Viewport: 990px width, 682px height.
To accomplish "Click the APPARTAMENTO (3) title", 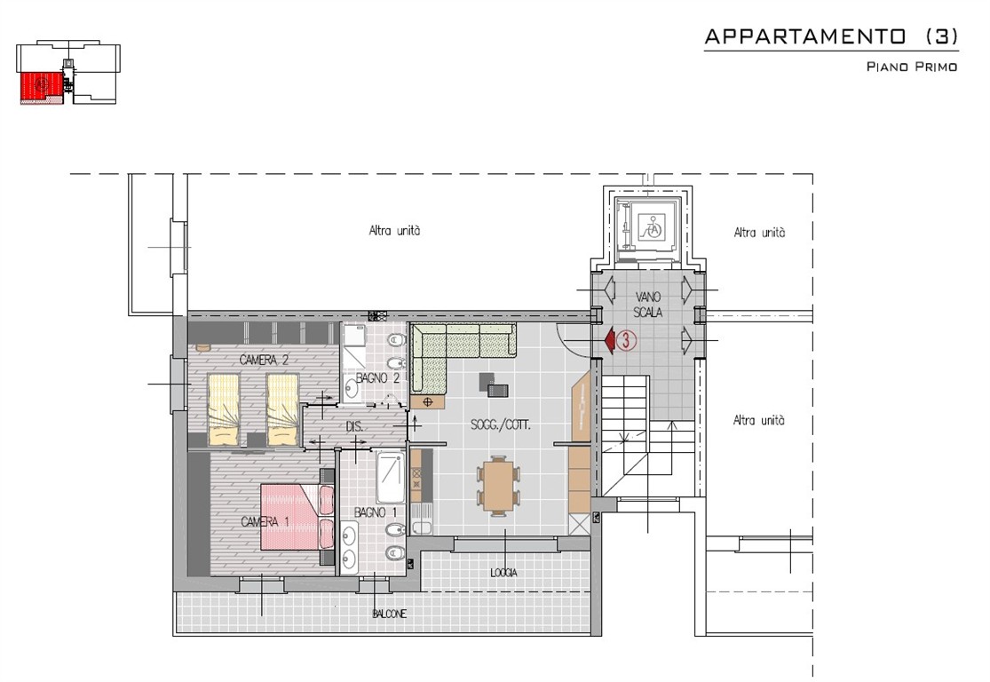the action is pos(831,36).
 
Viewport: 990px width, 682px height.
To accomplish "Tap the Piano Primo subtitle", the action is pos(912,67).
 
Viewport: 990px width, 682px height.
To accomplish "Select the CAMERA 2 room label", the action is pos(264,360).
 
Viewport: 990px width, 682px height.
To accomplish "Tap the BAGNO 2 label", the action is pos(377,378).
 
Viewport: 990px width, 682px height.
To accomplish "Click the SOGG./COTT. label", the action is pos(501,425).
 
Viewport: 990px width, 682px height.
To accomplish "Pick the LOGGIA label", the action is pos(503,573).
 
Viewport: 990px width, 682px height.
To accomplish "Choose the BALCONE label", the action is pos(390,614).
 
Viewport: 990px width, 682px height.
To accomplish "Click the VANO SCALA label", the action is pos(648,305).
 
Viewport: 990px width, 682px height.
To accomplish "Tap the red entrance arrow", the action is pos(610,340).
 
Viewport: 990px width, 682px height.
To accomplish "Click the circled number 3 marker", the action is pos(626,340).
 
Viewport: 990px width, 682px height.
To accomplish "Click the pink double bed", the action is pos(297,517).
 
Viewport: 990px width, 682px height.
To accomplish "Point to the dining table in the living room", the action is pos(499,485).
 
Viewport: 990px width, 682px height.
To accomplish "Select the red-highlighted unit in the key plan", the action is pos(41,87).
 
